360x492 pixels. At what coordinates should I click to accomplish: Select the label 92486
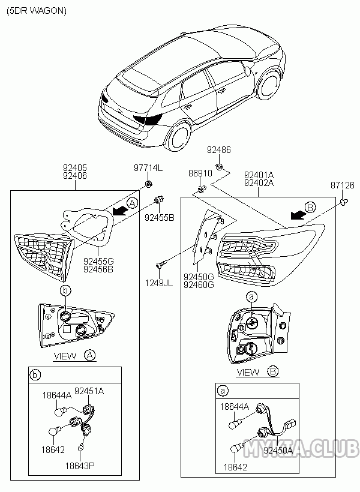pos(218,149)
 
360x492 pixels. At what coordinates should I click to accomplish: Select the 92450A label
pos(278,449)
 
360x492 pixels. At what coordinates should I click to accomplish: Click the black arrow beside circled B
pos(296,215)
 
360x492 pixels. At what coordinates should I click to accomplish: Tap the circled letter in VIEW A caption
pos(89,356)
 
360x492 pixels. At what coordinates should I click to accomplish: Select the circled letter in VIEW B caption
pos(272,372)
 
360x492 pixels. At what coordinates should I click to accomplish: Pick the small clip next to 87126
pos(343,203)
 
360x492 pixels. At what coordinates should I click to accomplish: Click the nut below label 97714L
pos(149,183)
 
